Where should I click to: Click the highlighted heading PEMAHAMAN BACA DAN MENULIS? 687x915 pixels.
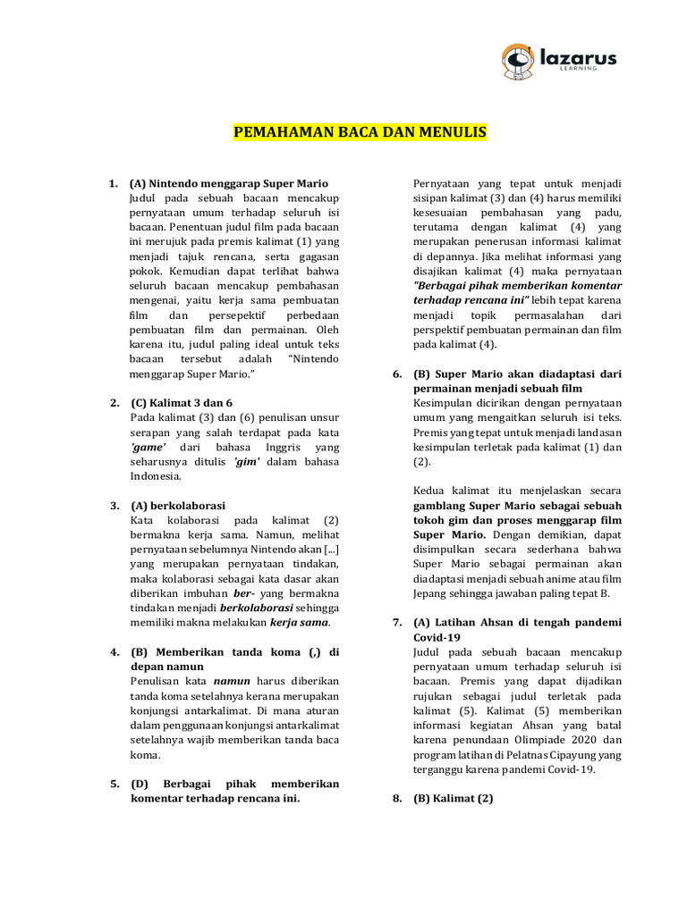point(360,133)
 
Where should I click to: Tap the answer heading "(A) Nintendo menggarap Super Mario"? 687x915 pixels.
point(229,183)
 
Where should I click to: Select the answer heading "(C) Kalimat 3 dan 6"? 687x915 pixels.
point(182,402)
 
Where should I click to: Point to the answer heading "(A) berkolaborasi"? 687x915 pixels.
point(178,505)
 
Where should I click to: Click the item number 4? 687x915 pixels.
point(114,651)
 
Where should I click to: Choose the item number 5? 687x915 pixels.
point(114,784)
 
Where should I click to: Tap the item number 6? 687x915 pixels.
point(397,374)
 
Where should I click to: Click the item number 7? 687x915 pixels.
point(397,622)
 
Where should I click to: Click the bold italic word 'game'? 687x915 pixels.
point(148,446)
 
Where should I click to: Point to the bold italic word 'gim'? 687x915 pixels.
point(246,461)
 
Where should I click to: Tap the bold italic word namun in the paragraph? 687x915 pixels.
point(230,681)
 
